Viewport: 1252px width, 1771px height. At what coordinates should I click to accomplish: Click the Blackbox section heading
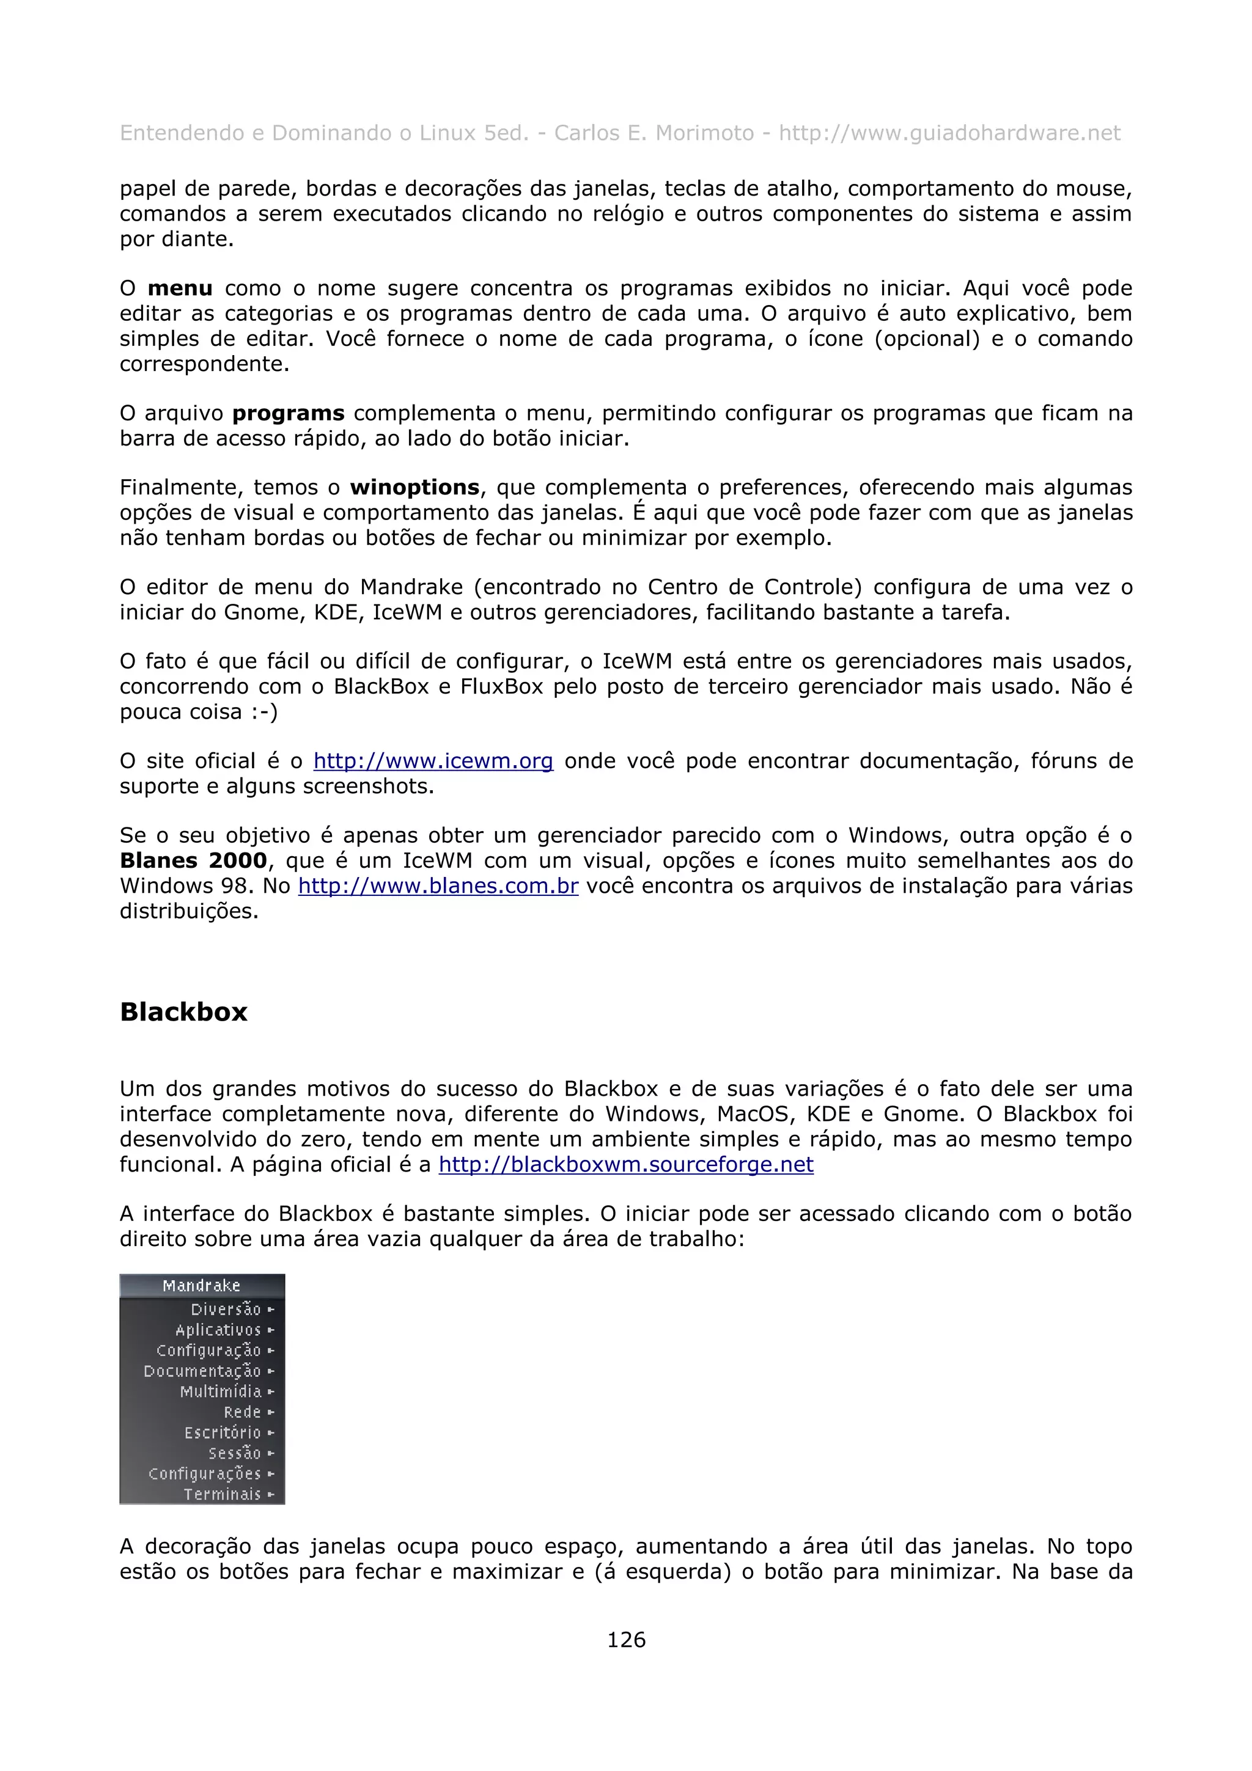183,1011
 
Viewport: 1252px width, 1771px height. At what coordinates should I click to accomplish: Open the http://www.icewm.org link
433,761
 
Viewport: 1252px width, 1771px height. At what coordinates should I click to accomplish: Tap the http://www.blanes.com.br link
438,886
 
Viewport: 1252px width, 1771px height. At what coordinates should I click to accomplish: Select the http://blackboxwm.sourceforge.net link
625,1164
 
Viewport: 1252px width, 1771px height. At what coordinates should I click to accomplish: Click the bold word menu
180,288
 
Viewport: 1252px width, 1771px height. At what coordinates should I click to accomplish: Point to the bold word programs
289,414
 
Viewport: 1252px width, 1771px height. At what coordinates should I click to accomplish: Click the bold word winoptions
415,488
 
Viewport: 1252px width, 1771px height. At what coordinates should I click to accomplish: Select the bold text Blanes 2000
193,861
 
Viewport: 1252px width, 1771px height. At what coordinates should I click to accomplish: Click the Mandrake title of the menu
201,1286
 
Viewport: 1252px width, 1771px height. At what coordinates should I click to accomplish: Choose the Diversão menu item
226,1309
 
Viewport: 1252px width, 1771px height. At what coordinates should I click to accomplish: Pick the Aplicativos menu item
218,1330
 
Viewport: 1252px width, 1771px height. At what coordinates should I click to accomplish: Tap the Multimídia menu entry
221,1391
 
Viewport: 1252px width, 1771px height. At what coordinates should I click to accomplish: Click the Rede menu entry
242,1412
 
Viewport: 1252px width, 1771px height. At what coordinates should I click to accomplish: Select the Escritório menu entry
223,1432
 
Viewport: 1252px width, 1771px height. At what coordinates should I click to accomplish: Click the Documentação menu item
202,1371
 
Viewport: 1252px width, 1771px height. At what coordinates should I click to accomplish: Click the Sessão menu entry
235,1453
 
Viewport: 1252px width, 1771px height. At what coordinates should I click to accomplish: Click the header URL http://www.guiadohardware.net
949,133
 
